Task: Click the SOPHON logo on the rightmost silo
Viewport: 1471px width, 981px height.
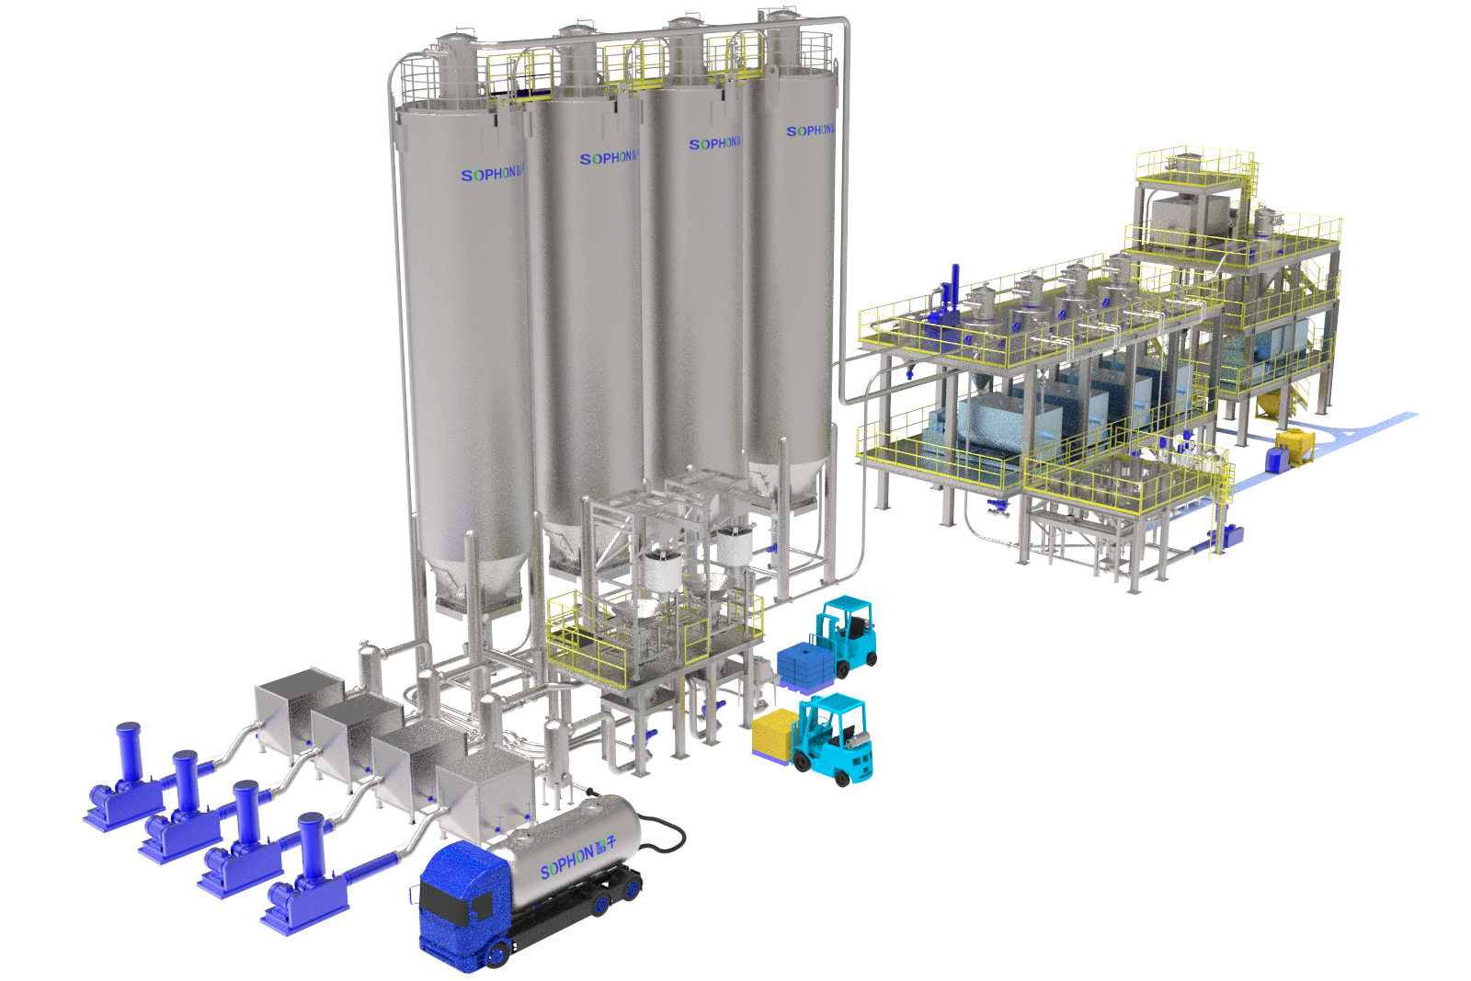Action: tap(808, 131)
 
